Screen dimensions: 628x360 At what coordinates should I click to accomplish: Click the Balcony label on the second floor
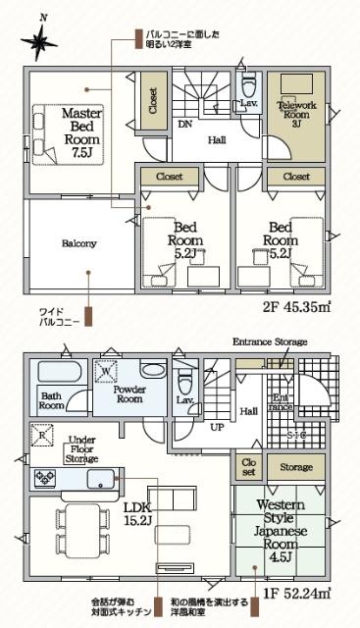pyautogui.click(x=78, y=243)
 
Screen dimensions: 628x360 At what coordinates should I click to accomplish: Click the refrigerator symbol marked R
pyautogui.click(x=43, y=434)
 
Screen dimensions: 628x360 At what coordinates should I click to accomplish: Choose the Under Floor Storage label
pyautogui.click(x=80, y=449)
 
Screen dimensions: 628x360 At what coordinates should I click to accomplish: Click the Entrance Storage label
pyautogui.click(x=269, y=341)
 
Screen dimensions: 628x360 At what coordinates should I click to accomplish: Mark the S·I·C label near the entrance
pyautogui.click(x=293, y=433)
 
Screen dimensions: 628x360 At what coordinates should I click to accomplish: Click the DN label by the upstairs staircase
pyautogui.click(x=184, y=125)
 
